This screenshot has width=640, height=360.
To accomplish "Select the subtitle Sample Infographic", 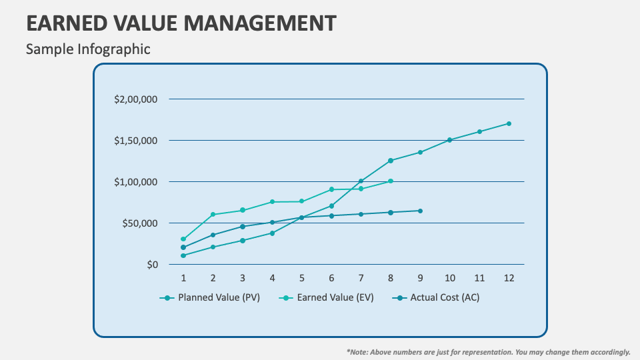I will click(x=88, y=49).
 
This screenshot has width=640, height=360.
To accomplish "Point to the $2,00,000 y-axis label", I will click(x=135, y=99).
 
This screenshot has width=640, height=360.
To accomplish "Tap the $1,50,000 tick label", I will click(x=135, y=141).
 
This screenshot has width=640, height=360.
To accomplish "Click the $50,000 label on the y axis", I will click(x=139, y=223).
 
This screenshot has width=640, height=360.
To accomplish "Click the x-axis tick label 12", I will click(x=509, y=277).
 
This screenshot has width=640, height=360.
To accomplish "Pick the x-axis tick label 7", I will click(x=361, y=277).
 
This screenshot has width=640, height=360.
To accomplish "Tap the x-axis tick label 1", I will click(x=183, y=277).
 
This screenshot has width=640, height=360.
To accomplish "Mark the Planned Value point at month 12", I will click(x=509, y=123).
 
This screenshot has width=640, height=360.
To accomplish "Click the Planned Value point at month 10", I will click(x=449, y=140).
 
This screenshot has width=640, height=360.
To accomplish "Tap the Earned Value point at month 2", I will click(x=213, y=215).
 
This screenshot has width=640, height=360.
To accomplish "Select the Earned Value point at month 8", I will click(x=391, y=181).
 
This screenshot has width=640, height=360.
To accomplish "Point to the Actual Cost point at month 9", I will click(x=420, y=211).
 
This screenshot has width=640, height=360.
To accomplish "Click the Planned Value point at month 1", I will click(x=183, y=255).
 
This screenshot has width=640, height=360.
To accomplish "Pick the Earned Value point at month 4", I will click(x=272, y=202).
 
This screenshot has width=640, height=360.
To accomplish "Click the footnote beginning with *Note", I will click(x=489, y=351).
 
